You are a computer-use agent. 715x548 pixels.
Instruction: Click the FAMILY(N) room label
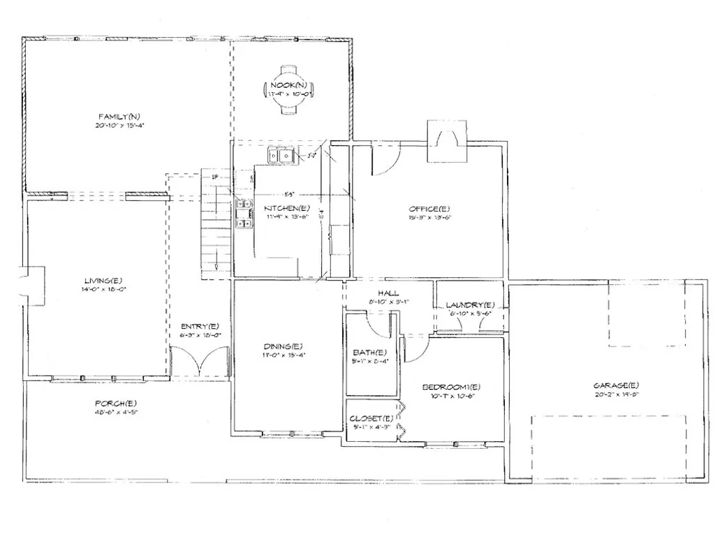(x=119, y=116)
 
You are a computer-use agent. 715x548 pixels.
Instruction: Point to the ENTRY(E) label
(x=200, y=326)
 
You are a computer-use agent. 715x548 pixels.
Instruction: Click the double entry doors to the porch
(x=200, y=361)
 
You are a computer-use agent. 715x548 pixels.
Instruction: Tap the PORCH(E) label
(x=115, y=403)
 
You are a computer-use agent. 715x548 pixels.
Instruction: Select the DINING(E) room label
(x=283, y=346)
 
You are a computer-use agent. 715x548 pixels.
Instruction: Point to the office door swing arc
(x=385, y=162)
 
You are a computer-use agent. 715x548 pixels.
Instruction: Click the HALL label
(x=388, y=293)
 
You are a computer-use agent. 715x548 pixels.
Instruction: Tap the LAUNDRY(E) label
(x=470, y=305)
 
